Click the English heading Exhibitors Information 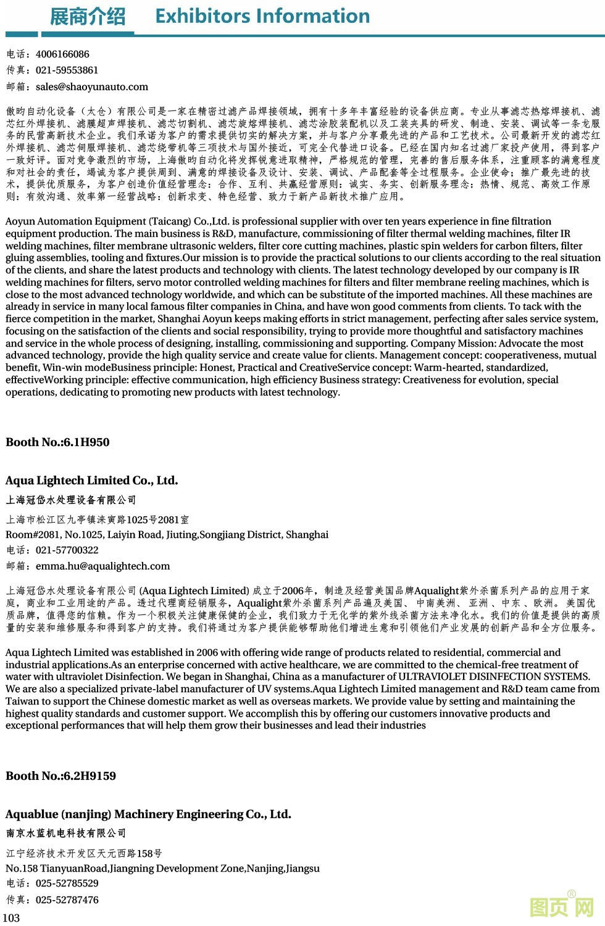(262, 16)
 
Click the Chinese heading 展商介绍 (87, 17)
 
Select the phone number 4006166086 (62, 54)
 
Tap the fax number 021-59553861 (67, 70)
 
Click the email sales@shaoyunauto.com (92, 87)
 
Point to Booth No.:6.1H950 (57, 442)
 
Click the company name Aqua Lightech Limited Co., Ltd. (91, 481)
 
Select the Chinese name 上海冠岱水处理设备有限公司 (71, 500)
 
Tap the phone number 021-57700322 (67, 550)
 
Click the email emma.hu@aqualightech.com (102, 566)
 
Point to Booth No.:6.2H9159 (60, 776)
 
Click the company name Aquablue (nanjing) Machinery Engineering (148, 814)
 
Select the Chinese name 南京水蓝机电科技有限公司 (66, 833)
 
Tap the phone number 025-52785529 (67, 883)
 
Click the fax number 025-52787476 (67, 900)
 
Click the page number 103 (11, 918)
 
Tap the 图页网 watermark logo (562, 907)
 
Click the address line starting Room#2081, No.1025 (167, 535)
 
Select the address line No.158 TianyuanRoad (162, 869)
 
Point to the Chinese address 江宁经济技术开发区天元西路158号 (84, 853)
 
